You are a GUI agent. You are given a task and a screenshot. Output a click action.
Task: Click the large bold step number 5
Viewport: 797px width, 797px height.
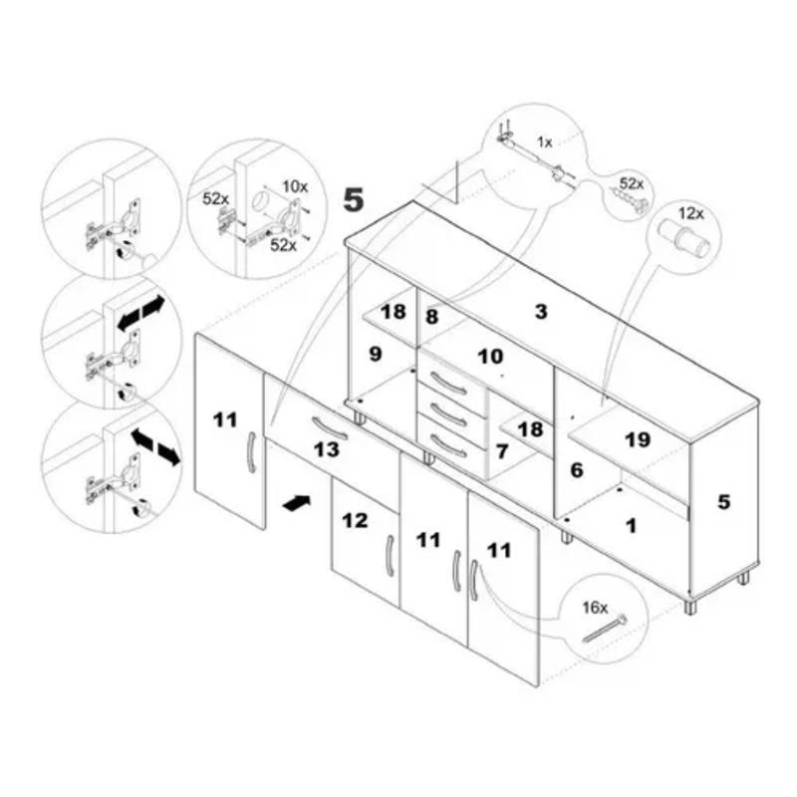[354, 199]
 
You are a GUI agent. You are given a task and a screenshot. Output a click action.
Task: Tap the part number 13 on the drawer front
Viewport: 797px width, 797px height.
[326, 449]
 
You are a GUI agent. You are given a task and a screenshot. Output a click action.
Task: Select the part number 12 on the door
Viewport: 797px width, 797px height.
[355, 520]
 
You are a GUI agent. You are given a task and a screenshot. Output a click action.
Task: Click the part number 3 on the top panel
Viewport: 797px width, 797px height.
[541, 311]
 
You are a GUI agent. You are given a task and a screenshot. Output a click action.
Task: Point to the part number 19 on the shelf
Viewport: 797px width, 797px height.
[638, 439]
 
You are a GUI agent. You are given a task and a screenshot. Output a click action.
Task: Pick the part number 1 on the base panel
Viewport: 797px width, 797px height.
[632, 526]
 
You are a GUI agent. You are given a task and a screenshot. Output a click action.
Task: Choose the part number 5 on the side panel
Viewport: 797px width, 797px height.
[724, 502]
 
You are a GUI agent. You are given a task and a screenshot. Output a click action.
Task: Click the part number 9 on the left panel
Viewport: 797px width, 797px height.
[376, 354]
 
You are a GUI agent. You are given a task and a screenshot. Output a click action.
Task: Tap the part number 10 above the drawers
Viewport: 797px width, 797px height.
[490, 357]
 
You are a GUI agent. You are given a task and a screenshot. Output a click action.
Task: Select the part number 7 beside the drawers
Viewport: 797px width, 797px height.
[502, 451]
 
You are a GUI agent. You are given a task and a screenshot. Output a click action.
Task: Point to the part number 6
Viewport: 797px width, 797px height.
[577, 470]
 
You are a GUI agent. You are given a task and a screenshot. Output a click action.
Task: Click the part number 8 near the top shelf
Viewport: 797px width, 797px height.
[431, 317]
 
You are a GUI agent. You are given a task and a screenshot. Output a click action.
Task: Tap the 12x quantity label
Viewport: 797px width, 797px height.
[691, 213]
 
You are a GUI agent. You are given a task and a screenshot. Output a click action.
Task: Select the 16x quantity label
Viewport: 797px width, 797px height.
[595, 608]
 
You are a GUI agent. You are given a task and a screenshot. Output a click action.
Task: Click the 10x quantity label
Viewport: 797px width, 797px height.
[295, 186]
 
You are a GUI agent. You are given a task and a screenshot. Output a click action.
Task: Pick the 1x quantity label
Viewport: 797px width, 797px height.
[544, 142]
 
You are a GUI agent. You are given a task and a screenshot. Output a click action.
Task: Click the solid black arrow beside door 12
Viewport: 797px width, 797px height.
[296, 503]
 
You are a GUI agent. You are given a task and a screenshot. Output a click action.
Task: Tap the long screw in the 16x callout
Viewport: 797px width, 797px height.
[605, 629]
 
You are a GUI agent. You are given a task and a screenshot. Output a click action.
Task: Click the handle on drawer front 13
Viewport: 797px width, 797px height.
[330, 427]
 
